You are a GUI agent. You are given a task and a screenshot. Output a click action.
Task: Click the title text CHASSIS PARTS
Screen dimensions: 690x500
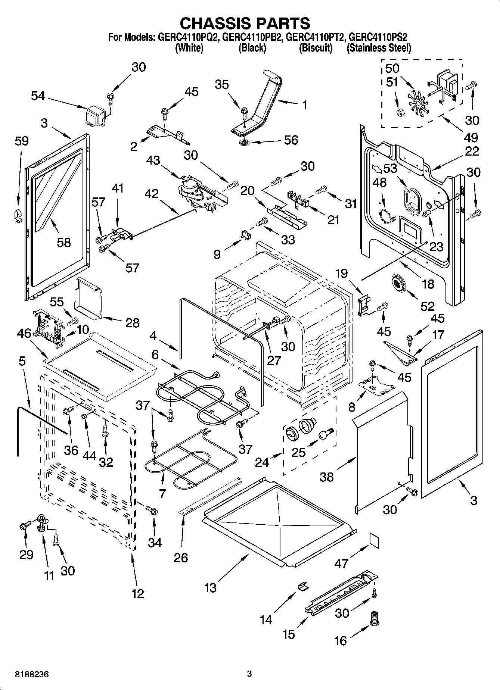click(x=245, y=23)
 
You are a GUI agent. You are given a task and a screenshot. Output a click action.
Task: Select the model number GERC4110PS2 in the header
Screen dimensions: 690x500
click(x=378, y=37)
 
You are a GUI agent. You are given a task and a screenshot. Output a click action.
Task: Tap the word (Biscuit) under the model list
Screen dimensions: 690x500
click(x=316, y=48)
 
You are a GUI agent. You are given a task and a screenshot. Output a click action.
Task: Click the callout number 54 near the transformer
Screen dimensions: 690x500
click(x=38, y=96)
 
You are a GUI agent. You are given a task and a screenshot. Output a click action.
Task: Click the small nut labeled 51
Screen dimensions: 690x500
click(x=399, y=112)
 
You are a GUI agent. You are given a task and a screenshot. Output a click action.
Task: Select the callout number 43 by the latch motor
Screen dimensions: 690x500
click(x=153, y=161)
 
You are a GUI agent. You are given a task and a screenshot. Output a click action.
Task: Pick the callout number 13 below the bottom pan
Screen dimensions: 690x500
click(x=210, y=588)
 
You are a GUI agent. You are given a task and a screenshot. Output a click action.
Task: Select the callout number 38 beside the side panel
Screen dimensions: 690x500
click(x=326, y=477)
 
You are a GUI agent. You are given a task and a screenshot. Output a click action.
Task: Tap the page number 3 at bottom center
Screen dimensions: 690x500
click(x=249, y=674)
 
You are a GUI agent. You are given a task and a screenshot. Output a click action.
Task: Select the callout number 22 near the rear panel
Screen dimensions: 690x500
click(x=472, y=151)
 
